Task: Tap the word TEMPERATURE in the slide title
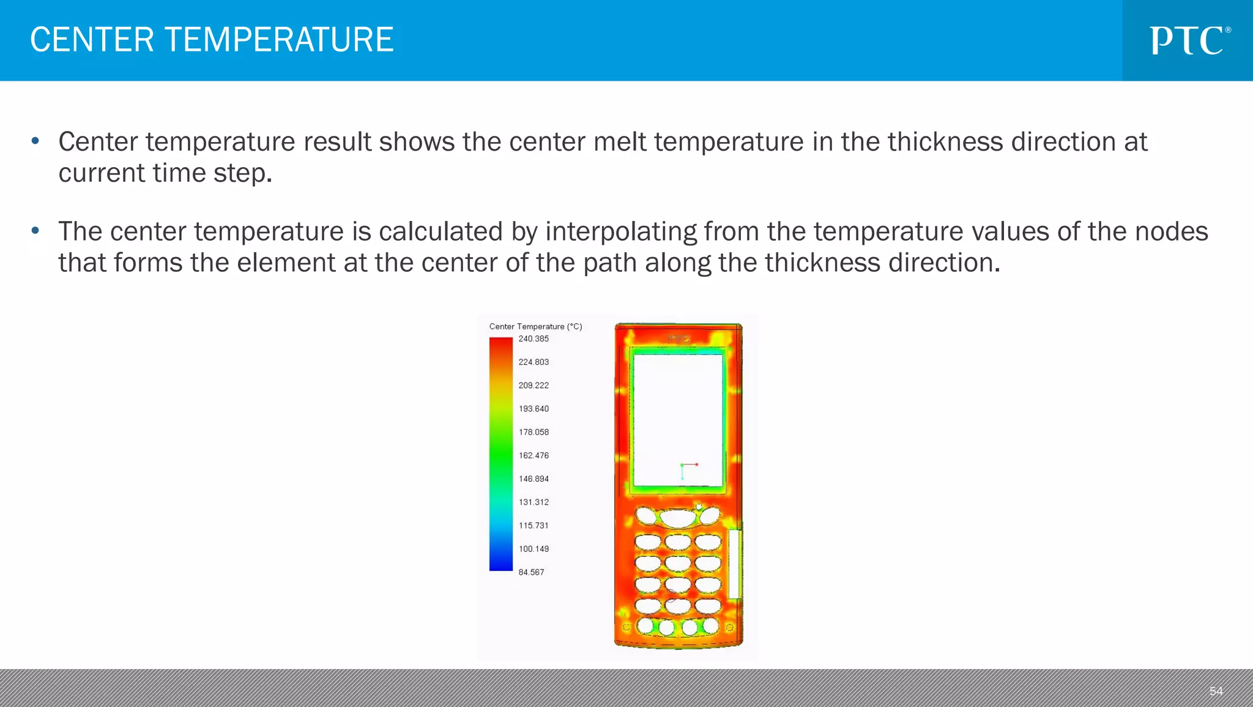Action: pos(279,40)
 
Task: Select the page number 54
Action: pos(1216,691)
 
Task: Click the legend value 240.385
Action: pos(534,339)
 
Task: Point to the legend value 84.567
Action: pos(531,572)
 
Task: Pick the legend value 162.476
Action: pos(534,455)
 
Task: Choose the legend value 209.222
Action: pos(534,386)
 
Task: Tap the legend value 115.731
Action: pos(534,526)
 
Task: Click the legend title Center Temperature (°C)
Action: pos(535,326)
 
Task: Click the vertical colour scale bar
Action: pos(500,454)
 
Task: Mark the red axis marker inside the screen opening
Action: pos(696,465)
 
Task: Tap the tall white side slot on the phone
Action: pos(735,564)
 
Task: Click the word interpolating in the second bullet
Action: pos(620,232)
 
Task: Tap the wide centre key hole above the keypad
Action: pos(677,518)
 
